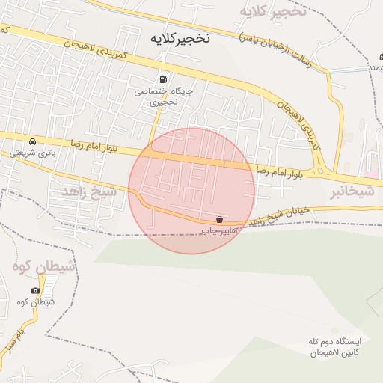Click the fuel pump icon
[162, 79]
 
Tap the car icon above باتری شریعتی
[31, 141]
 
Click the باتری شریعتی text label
[31, 152]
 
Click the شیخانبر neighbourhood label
[351, 192]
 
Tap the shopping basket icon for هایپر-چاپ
[219, 220]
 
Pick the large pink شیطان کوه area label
[43, 267]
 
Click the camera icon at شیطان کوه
[35, 290]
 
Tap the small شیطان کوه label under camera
[35, 301]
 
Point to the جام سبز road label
[16, 338]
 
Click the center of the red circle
[191, 191]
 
